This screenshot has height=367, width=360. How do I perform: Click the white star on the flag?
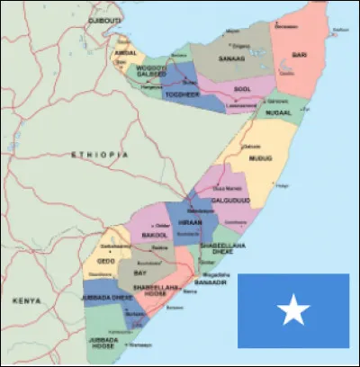click(292, 312)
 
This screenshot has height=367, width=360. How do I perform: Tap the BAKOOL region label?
click(156, 235)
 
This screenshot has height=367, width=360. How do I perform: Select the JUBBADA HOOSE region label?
click(102, 342)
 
